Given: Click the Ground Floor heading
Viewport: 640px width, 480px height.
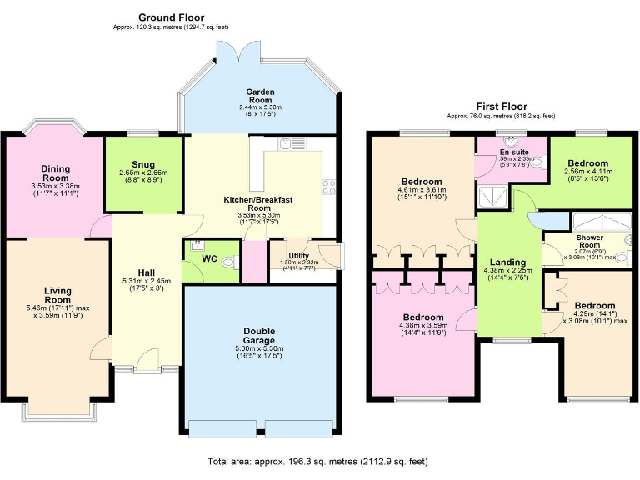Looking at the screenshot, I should tap(171, 17).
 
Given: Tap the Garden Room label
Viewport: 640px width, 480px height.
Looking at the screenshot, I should tap(260, 92).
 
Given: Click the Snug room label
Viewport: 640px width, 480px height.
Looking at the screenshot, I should tap(143, 164).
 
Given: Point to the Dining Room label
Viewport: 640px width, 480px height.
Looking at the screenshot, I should tap(55, 172).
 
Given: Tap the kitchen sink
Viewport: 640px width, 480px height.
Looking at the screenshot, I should tap(286, 143).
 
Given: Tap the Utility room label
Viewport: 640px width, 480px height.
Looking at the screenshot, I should tap(298, 256).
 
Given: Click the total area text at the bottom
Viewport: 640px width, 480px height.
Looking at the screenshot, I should tap(318, 461).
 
